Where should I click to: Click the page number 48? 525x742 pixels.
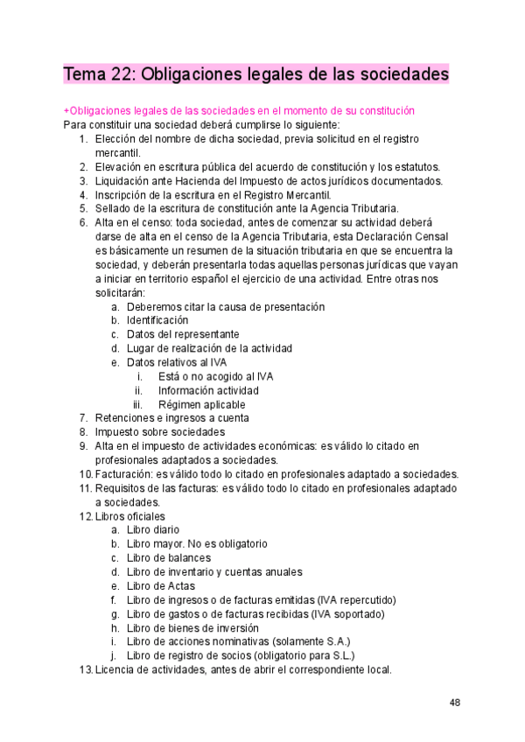pos(455,703)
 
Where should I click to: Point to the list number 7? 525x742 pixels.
pos(82,418)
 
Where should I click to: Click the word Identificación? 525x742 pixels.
pos(157,320)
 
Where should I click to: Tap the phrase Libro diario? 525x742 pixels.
pos(153,529)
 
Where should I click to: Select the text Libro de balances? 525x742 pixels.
pos(168,557)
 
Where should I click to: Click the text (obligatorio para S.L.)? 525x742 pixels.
pos(300,655)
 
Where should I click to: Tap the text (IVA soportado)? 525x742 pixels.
pos(344,613)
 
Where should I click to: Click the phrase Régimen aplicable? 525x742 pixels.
pos(201,404)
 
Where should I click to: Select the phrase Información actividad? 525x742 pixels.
pos(208,390)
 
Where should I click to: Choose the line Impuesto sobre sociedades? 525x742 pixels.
pos(159,432)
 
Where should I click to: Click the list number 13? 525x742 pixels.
pos(84,669)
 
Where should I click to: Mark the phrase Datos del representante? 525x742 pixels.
pos(182,334)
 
